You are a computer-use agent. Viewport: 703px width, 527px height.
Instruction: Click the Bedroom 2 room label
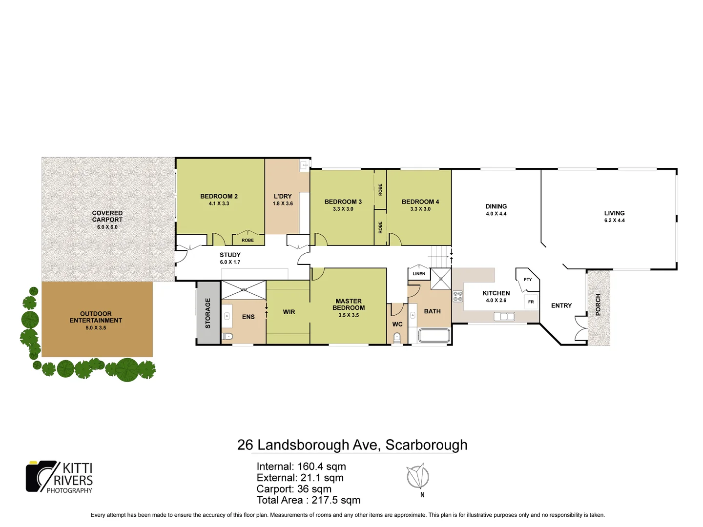pos(219,196)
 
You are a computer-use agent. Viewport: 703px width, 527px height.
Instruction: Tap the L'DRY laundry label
pos(283,196)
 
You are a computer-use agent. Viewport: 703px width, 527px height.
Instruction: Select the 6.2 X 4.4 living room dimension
pos(614,221)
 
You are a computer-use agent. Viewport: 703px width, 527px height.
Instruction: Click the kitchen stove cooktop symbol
pos(457,296)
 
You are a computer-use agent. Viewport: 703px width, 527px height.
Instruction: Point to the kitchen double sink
pos(504,317)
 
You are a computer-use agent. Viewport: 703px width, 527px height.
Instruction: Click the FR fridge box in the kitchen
pos(531,302)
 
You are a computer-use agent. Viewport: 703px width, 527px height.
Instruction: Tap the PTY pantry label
pos(527,280)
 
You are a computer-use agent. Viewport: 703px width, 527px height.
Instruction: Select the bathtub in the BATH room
pos(434,335)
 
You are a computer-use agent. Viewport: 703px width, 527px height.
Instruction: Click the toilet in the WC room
pos(397,337)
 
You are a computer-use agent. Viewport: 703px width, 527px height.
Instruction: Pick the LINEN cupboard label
pos(418,274)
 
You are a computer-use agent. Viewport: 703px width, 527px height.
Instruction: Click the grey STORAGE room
pos(208,313)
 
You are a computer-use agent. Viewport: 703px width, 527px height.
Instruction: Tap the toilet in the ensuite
pos(227,336)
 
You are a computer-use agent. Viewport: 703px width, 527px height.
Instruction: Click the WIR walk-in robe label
pos(289,312)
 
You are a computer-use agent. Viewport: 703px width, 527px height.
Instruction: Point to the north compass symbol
pos(418,477)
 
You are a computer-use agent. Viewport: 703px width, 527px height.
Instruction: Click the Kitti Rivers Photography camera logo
pos(41,476)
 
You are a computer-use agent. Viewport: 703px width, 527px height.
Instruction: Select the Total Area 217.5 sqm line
pos(308,500)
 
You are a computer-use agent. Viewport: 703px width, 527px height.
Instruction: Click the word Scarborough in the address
pos(426,445)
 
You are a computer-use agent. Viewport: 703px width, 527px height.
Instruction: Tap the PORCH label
pos(598,304)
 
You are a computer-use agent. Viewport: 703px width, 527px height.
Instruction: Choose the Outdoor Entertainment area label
pos(96,317)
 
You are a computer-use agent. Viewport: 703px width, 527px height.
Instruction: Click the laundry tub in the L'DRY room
pos(304,165)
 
